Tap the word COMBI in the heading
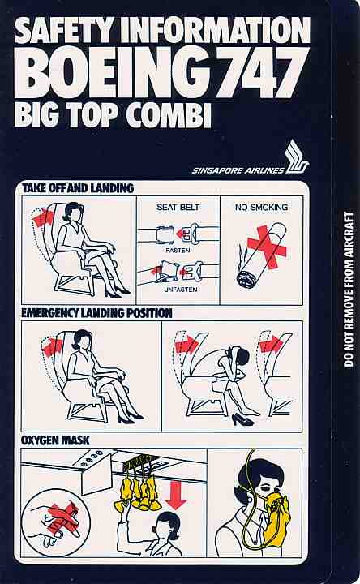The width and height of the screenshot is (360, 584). tap(169, 114)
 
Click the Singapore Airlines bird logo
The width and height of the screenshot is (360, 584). tap(296, 157)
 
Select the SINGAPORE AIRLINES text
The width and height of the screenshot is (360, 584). tap(238, 170)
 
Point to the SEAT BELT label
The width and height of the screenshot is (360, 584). tap(178, 207)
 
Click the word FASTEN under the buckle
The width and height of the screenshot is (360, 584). tap(178, 251)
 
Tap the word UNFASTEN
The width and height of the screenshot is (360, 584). tap(181, 290)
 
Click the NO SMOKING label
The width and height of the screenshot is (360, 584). tap(261, 207)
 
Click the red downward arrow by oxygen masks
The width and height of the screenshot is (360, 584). tap(176, 496)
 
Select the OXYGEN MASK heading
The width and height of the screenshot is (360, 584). tap(55, 440)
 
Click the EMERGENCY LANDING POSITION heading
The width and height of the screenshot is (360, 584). tap(96, 313)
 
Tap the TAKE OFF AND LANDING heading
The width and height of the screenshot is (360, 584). tap(78, 188)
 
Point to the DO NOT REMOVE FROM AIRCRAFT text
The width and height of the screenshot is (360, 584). tap(349, 290)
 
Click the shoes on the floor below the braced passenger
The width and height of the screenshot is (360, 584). tap(242, 420)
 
